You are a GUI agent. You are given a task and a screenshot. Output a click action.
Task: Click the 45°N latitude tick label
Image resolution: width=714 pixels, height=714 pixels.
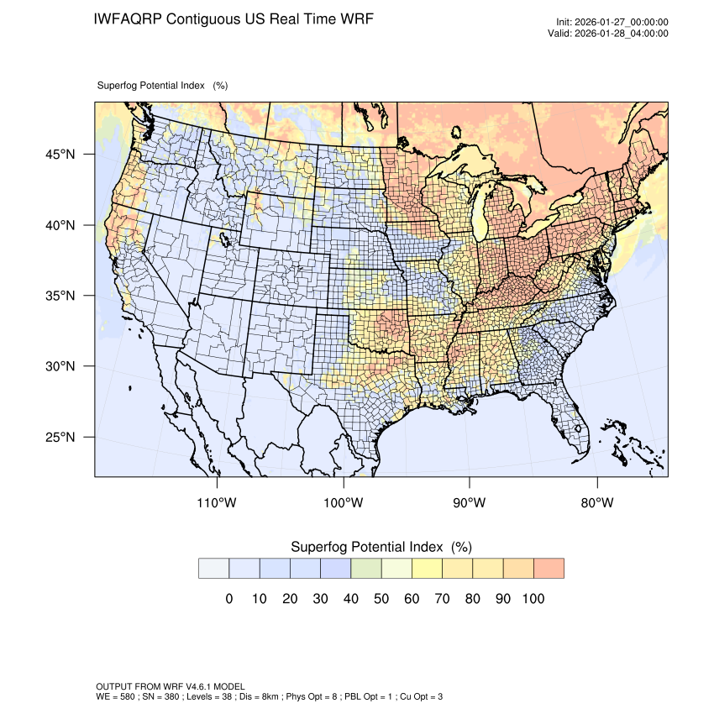60,155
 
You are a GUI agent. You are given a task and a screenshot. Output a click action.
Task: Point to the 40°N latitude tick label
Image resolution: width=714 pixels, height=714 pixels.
60,225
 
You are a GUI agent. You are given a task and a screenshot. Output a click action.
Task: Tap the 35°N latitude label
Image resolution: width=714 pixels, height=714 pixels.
60,296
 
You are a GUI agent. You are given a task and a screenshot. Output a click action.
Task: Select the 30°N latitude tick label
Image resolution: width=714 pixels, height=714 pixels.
60,366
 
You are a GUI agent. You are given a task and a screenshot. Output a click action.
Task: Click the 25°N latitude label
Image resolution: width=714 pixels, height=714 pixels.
60,437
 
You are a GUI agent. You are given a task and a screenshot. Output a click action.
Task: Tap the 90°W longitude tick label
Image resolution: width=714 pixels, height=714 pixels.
470,503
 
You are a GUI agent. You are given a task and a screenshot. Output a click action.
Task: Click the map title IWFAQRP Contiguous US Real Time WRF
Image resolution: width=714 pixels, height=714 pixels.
234,18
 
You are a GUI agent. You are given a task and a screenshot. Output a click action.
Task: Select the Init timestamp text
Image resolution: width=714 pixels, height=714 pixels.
612,23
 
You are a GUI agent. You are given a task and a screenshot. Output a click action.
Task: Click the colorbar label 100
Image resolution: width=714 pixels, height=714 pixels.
533,599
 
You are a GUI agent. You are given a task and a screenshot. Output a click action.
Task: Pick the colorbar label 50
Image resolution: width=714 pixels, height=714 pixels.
381,599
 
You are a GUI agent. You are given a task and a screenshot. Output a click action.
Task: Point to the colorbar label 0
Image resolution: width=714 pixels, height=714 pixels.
229,599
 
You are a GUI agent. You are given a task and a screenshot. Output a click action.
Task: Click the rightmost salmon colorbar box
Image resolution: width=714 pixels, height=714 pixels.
549,569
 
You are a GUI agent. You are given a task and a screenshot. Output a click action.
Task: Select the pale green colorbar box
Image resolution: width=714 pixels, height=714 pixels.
366,569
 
